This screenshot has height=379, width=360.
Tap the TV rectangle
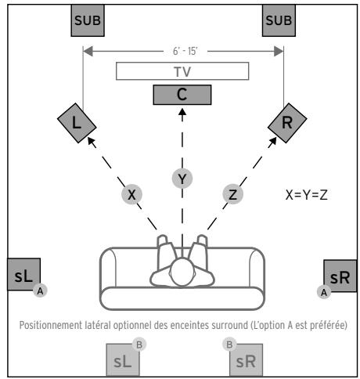pyautogui.click(x=182, y=70)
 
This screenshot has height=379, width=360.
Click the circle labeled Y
pyautogui.click(x=182, y=179)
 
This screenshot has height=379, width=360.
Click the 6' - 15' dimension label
pyautogui.click(x=182, y=51)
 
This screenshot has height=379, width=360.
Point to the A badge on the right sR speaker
pyautogui.click(x=319, y=291)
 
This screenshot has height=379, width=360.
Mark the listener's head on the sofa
pyautogui.click(x=182, y=273)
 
